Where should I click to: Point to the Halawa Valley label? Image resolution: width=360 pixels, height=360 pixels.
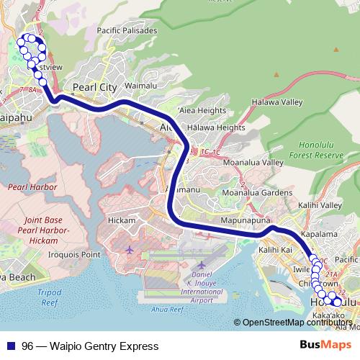tap(283, 102)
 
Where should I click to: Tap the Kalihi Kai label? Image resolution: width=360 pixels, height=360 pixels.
tap(275, 249)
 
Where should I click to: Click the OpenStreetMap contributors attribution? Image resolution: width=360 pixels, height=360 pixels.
tap(296, 322)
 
